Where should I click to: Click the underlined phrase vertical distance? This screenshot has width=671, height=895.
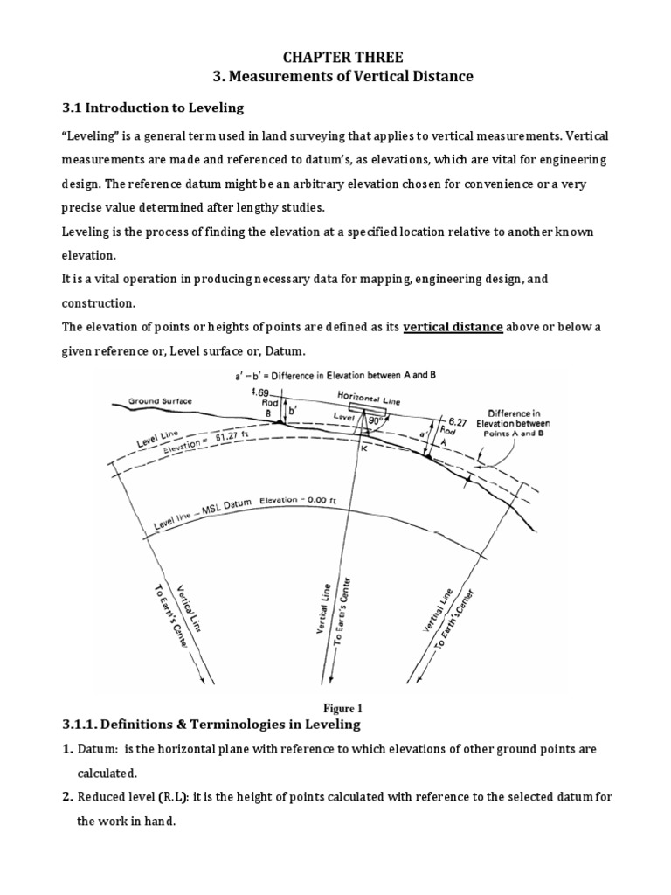click(x=453, y=327)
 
